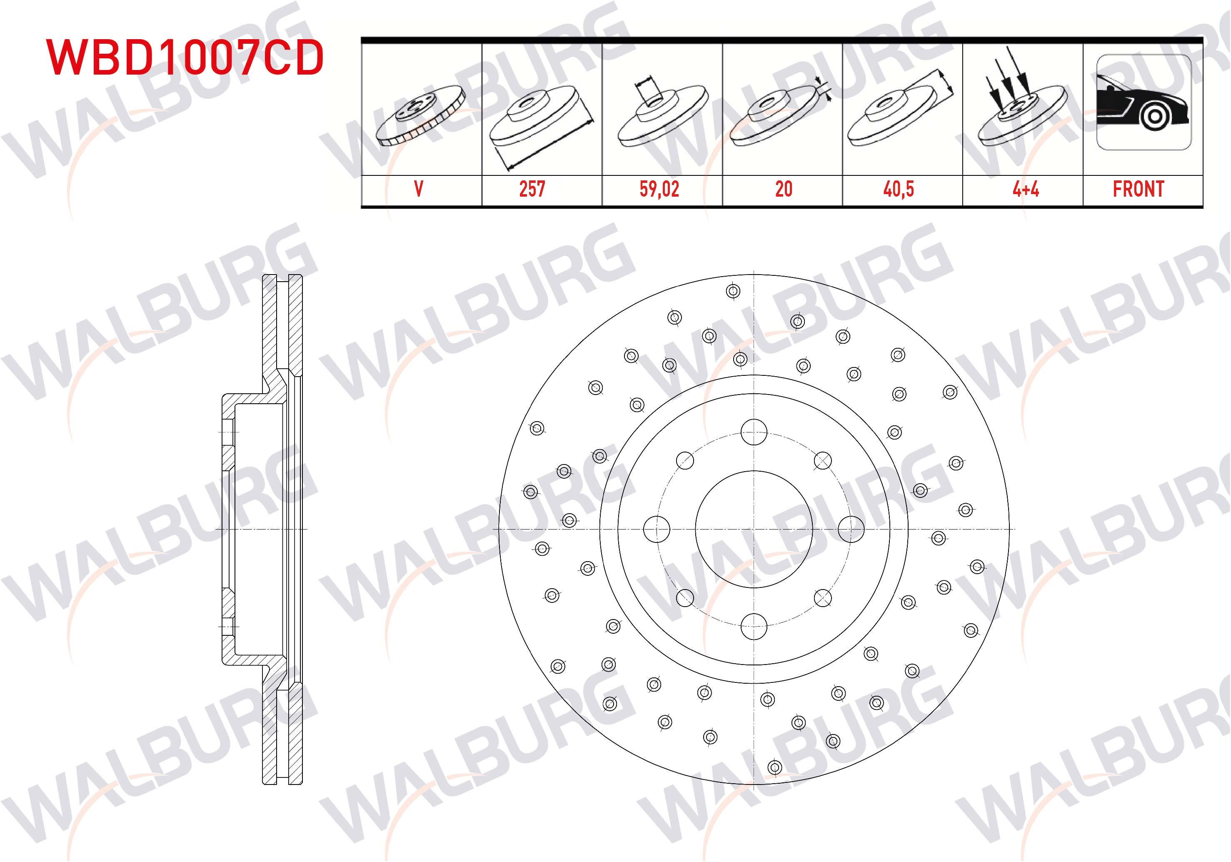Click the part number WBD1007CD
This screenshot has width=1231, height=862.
[x=185, y=57]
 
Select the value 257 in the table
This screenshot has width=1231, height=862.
[x=532, y=189]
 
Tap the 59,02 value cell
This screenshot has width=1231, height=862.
[x=659, y=189]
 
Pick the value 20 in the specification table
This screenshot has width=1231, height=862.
[x=783, y=189]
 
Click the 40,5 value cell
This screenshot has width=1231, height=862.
[x=899, y=189]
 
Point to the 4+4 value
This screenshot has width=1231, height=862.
[x=1026, y=189]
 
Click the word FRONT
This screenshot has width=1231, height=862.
[x=1138, y=189]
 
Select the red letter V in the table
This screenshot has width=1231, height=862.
[x=419, y=189]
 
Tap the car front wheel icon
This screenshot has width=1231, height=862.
[x=1144, y=103]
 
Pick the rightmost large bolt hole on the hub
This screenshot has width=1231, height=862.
[x=851, y=529]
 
